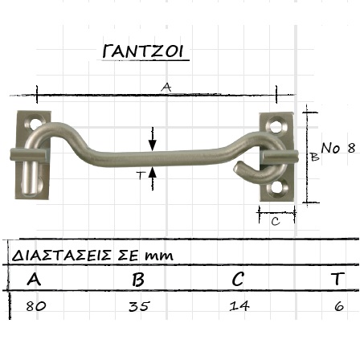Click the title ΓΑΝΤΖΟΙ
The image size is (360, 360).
[x=143, y=51]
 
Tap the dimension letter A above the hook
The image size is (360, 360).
[x=166, y=87]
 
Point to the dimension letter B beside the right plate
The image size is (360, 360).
[x=315, y=157]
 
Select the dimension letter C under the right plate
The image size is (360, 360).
[x=276, y=221]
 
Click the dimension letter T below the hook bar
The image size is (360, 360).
[x=141, y=175]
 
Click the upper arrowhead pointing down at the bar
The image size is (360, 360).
[x=153, y=145]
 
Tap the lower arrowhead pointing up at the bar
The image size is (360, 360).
[x=153, y=172]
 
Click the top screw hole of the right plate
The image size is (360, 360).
[x=276, y=125]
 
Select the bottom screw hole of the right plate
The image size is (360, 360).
[x=276, y=187]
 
